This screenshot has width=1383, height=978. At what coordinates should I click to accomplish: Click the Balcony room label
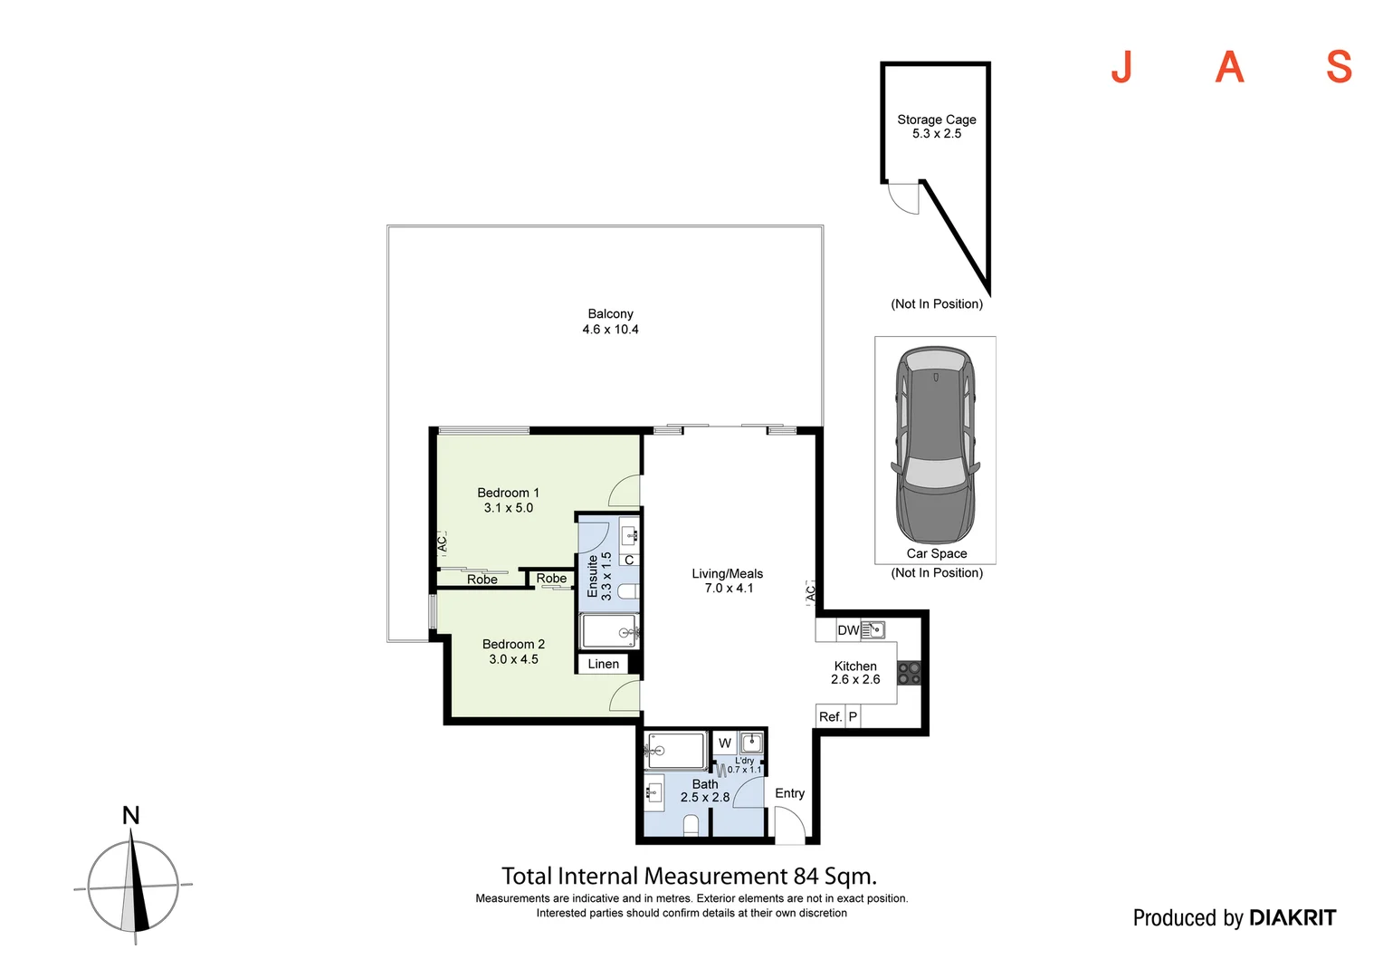[x=610, y=314]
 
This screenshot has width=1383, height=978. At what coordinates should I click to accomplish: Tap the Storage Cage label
[x=936, y=120]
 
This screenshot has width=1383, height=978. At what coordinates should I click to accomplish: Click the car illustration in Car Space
[x=935, y=444]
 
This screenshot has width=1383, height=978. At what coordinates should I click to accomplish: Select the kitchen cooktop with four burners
[x=909, y=673]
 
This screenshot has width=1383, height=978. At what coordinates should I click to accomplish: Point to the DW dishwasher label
[x=848, y=630]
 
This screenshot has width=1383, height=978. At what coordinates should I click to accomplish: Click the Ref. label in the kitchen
[x=830, y=716]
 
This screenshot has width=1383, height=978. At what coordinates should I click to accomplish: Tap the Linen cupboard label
[x=604, y=664]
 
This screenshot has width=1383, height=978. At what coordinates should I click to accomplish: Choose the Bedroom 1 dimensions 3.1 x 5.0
[x=509, y=508]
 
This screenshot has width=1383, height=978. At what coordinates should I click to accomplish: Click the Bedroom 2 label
[x=513, y=644]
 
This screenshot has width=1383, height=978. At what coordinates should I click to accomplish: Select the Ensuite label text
[x=593, y=577]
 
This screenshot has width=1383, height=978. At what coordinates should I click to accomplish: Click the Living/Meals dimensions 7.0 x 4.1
[x=729, y=589]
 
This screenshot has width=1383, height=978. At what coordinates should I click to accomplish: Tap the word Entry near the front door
[x=789, y=793]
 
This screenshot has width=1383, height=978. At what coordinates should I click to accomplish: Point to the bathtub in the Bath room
[x=676, y=751]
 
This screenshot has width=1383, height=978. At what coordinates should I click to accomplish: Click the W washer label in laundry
[x=725, y=743]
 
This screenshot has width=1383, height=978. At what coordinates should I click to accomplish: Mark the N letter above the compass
[x=131, y=815]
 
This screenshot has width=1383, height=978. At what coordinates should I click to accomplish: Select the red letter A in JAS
[x=1229, y=67]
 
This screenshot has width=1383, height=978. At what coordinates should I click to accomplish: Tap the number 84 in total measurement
[x=806, y=877]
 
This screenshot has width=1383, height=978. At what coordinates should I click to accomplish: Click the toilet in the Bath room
[x=691, y=825]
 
